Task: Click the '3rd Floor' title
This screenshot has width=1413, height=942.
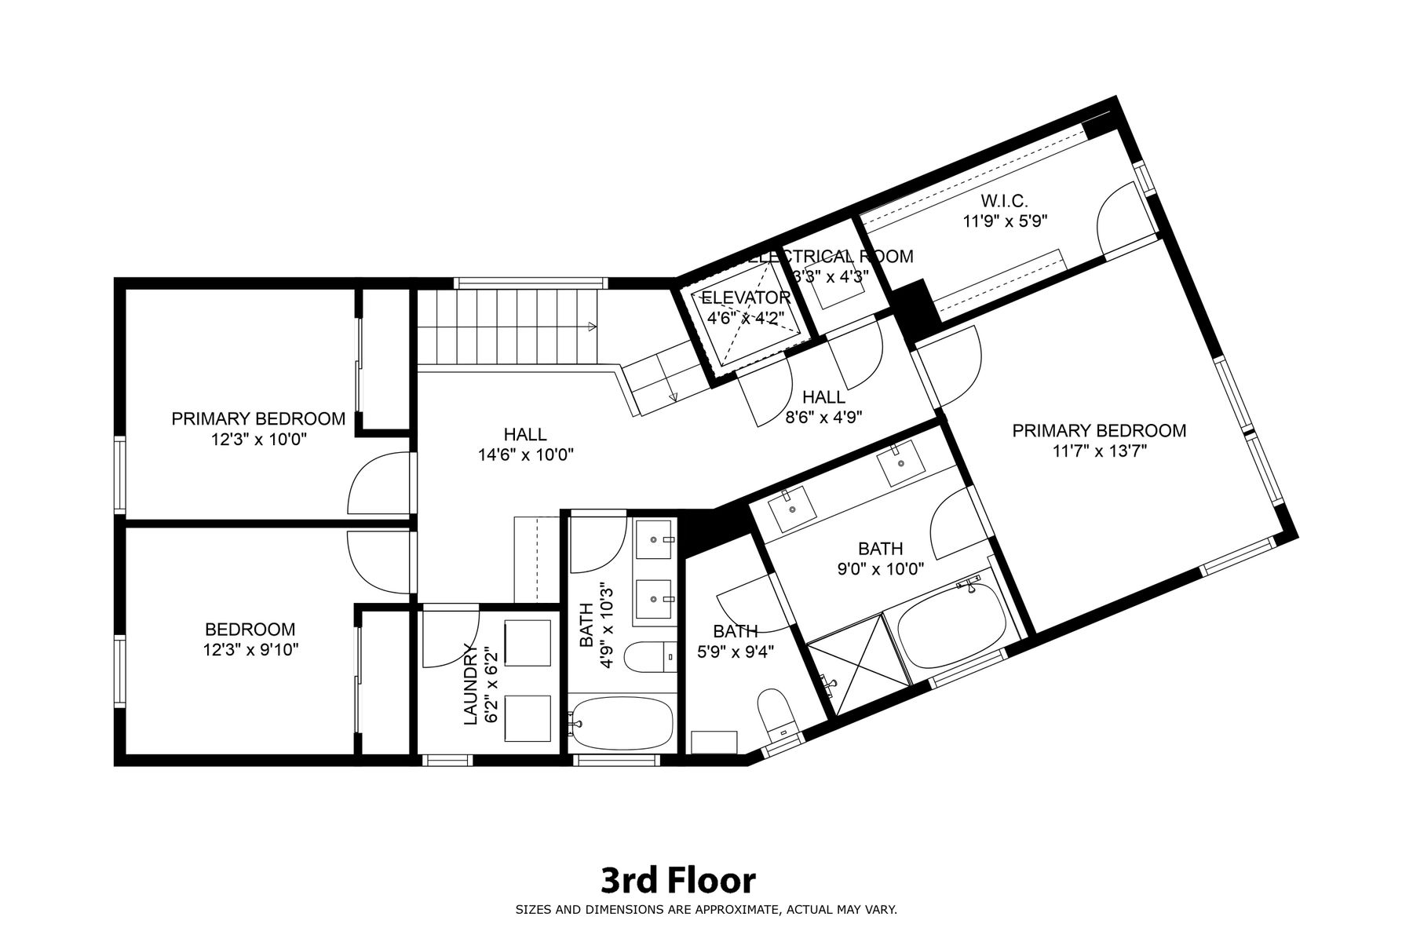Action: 678,881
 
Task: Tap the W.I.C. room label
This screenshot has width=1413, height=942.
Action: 1005,201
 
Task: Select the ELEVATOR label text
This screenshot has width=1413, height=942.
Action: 746,298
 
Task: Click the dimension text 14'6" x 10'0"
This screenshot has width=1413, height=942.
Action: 525,455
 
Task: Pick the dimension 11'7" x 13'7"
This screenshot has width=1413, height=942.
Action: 1099,451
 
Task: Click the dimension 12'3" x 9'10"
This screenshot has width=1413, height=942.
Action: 250,650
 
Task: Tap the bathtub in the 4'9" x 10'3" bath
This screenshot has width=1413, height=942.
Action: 622,723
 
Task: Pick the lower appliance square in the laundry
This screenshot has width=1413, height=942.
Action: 528,717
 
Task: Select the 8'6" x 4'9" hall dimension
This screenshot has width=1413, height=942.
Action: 823,418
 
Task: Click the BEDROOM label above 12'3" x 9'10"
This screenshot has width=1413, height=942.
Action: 250,630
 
